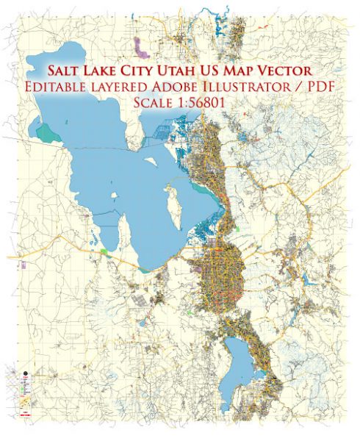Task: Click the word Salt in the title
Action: (65, 71)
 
